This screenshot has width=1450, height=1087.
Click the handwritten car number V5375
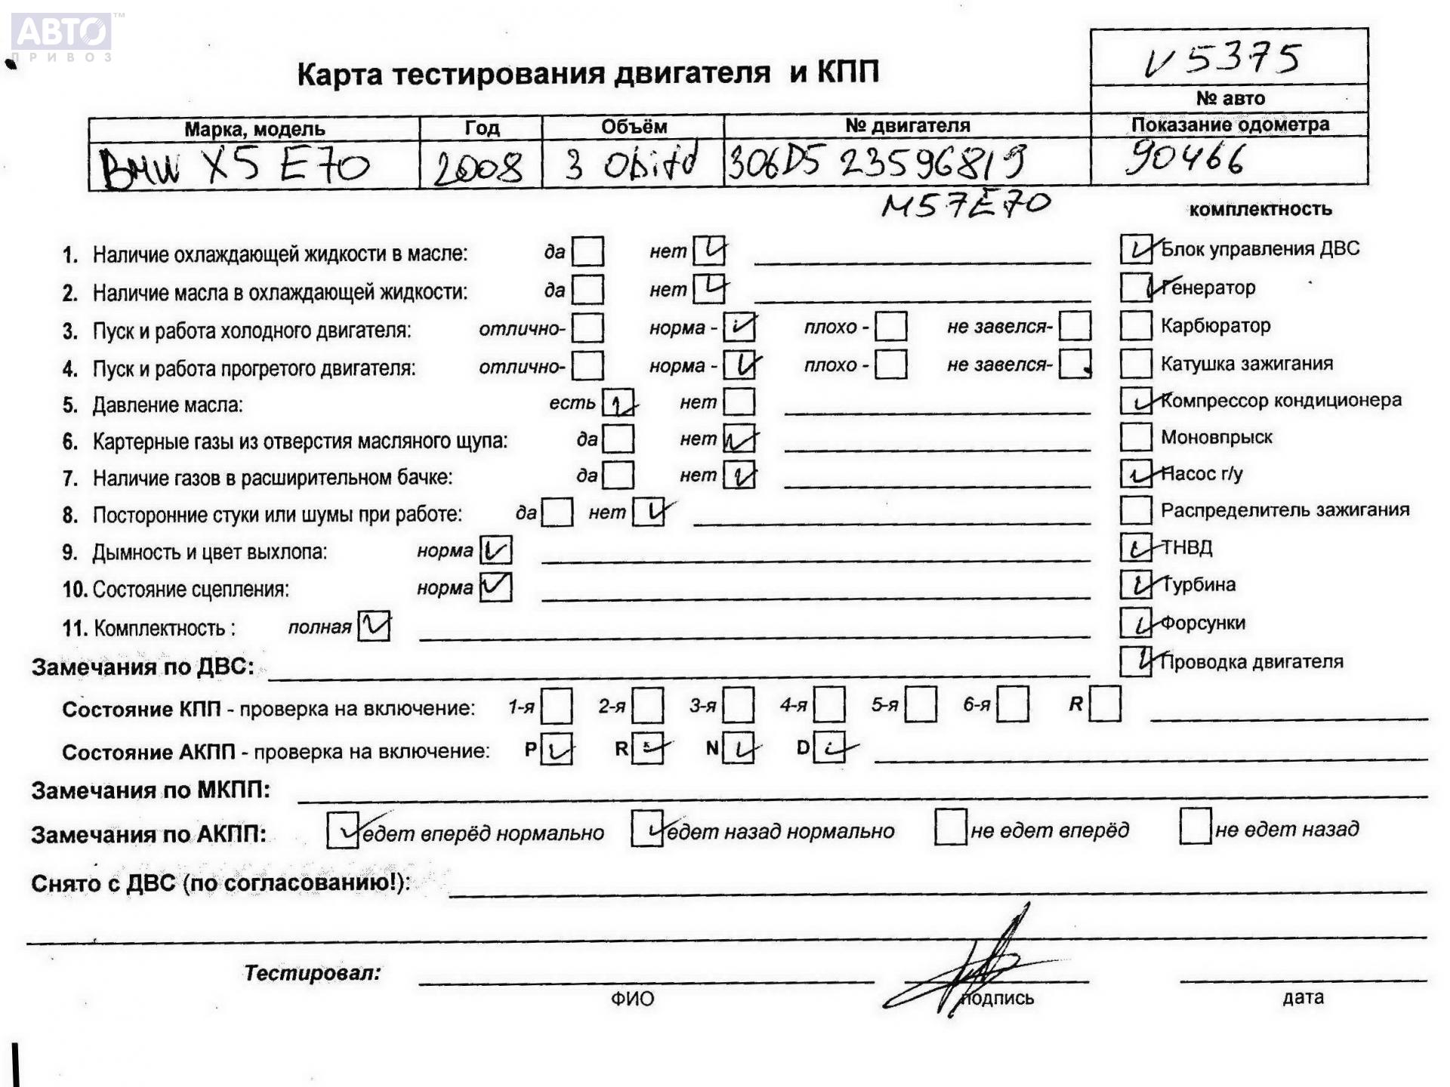pos(1223,59)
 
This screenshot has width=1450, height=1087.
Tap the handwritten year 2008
pos(478,166)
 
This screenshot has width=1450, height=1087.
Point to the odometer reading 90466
pos(1183,159)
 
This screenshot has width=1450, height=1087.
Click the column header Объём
pos(634,127)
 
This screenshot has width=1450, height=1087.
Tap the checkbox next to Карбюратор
pos(1135,325)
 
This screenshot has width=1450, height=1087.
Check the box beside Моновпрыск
pos(1135,436)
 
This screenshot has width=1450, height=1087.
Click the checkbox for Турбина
pos(1135,584)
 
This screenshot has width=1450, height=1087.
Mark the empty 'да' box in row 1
pos(588,251)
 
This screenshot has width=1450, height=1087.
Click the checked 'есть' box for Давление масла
pos(618,404)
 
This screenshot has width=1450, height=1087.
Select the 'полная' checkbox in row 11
pos(374,626)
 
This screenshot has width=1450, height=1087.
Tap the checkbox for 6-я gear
pos(1012,705)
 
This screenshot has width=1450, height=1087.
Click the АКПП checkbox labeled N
pos(738,749)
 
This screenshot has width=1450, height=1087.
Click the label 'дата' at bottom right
pos(1303,997)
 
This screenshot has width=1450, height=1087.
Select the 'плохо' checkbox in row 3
pos(891,326)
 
